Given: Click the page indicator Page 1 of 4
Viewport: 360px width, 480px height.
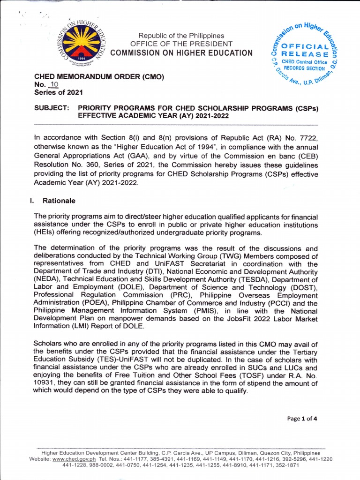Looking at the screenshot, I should tap(302, 419).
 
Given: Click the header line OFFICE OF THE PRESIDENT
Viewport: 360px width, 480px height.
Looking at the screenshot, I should tap(181, 44).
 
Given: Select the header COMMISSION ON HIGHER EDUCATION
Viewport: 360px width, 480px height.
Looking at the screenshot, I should tap(181, 52).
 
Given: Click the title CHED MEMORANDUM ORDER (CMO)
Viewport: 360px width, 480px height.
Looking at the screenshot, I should tap(99, 76).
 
